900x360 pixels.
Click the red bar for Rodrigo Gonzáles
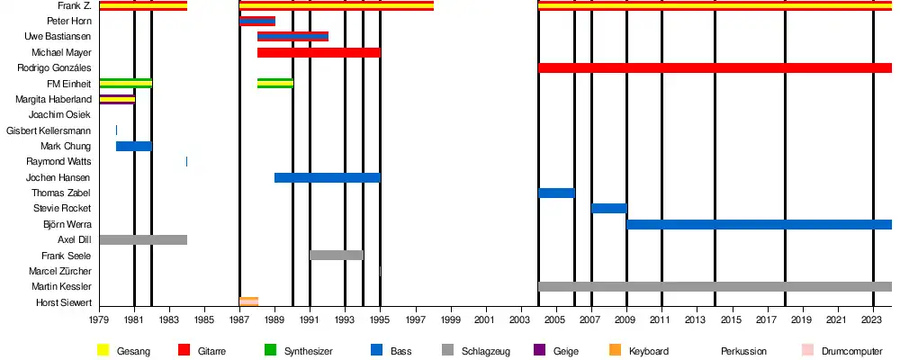(x=715, y=68)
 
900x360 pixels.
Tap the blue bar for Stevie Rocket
(x=608, y=209)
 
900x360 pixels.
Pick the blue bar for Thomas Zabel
(x=556, y=193)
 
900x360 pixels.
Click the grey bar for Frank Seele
(x=337, y=256)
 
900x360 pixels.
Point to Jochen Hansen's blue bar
(x=327, y=177)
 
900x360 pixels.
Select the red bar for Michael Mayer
(x=319, y=52)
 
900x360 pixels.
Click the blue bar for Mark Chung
(x=134, y=146)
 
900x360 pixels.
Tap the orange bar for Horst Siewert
(x=248, y=301)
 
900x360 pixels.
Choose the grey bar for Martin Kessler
(x=715, y=286)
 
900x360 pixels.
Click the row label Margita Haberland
(x=54, y=99)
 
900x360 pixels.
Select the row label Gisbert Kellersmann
(x=49, y=130)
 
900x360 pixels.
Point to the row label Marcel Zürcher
(x=60, y=271)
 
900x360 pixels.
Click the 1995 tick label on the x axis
(x=380, y=319)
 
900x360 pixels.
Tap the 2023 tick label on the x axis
(x=873, y=319)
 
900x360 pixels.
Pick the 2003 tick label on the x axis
(x=520, y=319)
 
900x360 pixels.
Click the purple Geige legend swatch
(x=540, y=350)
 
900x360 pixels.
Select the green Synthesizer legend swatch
(x=270, y=350)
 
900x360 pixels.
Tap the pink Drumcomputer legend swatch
(x=807, y=350)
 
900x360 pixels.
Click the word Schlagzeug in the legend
(x=485, y=350)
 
